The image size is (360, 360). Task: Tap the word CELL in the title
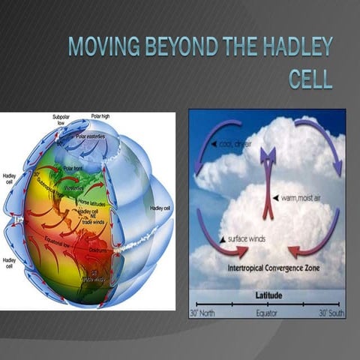310,78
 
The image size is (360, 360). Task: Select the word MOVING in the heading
98,46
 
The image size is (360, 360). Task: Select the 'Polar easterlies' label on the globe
91,136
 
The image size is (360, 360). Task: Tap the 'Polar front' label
73,169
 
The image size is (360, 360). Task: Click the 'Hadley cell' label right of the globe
161,208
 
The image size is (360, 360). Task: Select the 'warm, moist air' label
298,198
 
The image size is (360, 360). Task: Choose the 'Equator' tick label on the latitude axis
266,313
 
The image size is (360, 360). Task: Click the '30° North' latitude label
208,313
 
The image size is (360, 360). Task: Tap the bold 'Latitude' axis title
266,295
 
